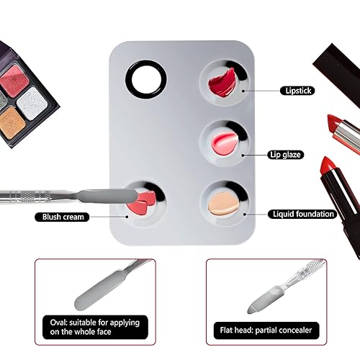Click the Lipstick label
(297, 91)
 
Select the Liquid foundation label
(303, 214)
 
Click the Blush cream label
(60, 216)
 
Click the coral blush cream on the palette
(138, 203)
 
